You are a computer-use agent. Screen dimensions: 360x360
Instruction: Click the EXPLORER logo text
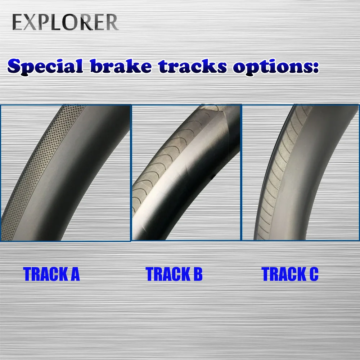(x=65, y=22)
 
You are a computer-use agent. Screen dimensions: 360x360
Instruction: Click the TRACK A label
(x=51, y=274)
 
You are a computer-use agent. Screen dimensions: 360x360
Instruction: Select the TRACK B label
(x=174, y=274)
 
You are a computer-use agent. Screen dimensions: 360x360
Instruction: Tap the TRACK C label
(x=290, y=274)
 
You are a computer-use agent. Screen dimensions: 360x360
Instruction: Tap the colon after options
(x=316, y=67)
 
